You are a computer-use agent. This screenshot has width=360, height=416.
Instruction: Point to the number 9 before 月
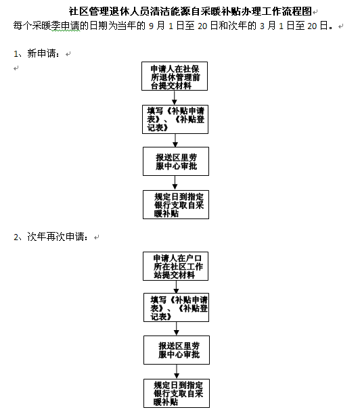tap(151, 26)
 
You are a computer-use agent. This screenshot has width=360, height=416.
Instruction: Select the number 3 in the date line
tap(262, 26)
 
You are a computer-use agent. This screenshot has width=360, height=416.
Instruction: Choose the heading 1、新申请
tap(37, 53)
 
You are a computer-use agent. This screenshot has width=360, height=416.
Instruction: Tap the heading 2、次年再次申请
tap(51, 237)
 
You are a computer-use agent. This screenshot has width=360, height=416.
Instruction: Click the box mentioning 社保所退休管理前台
tap(175, 76)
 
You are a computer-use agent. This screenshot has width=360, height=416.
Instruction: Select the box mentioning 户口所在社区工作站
tap(175, 266)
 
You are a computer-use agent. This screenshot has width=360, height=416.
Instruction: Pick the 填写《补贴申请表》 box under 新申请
tap(175, 119)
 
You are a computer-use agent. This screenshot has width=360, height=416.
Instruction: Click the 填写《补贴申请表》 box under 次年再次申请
tap(177, 308)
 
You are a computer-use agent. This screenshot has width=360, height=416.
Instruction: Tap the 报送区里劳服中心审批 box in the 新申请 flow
tap(176, 161)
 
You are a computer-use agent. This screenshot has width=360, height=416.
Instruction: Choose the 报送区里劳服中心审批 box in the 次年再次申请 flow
tap(177, 350)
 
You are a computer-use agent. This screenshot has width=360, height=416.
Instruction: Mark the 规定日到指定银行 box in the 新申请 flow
tap(176, 204)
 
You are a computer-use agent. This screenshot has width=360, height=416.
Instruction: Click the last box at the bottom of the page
tap(177, 393)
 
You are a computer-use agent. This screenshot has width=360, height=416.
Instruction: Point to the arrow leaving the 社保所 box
tap(175, 97)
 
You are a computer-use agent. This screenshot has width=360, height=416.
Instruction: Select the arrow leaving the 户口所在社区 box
tap(176, 287)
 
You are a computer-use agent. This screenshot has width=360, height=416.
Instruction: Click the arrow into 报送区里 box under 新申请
tap(175, 140)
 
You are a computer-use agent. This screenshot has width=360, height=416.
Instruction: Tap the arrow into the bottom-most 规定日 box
tap(177, 371)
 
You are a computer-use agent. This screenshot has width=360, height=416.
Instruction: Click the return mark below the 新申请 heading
tap(16, 68)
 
